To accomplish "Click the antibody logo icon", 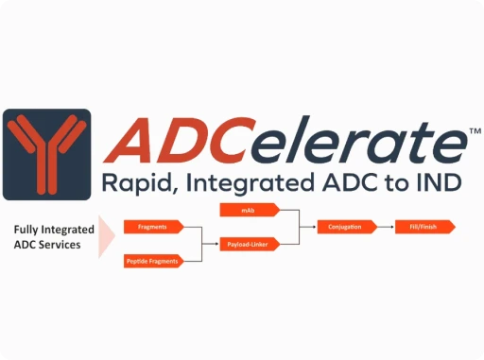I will tap(46, 154).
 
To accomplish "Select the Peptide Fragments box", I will tap(152, 261).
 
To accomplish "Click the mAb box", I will tap(248, 209).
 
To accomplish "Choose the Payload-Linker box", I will tap(248, 244).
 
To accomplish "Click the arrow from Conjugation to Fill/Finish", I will tap(377, 227).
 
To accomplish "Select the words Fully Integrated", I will tap(55, 229).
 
